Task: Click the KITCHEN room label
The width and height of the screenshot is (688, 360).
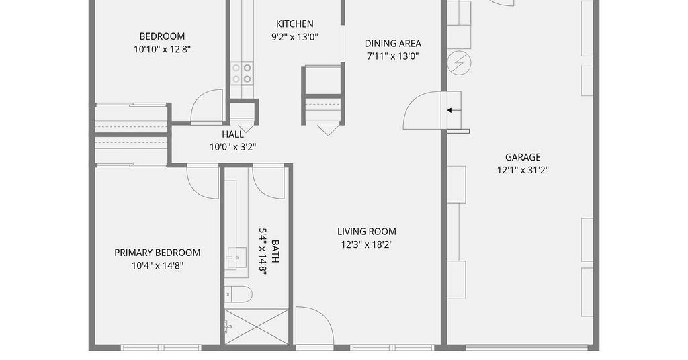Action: click(x=294, y=24)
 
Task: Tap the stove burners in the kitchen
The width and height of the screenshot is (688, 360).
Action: click(x=242, y=73)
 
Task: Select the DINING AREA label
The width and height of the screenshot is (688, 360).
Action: click(x=392, y=44)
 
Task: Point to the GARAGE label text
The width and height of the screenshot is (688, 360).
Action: click(x=523, y=157)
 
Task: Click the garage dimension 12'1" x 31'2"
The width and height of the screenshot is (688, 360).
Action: click(x=523, y=170)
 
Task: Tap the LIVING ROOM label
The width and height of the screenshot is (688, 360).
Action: click(x=367, y=232)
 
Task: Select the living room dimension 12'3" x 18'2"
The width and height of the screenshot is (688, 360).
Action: click(x=367, y=244)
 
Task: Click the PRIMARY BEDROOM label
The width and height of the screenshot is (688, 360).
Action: click(x=157, y=253)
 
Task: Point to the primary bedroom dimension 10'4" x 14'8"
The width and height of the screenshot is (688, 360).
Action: click(x=157, y=266)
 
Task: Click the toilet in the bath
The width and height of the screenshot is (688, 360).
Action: click(x=239, y=294)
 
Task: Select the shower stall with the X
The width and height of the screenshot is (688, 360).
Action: click(x=257, y=326)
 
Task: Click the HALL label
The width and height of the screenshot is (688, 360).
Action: click(x=232, y=134)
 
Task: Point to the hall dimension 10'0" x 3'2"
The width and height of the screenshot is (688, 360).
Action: click(x=232, y=147)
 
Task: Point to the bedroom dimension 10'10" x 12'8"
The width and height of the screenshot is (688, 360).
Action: click(x=163, y=49)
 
